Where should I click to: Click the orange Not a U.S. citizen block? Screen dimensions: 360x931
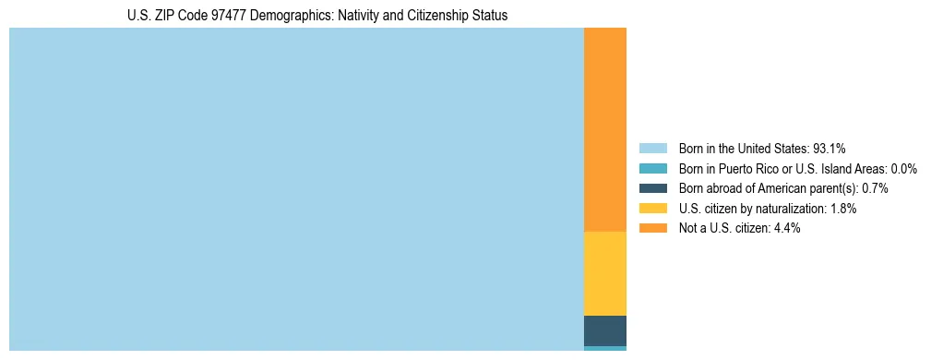605,129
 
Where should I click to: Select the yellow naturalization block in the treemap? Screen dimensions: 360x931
605,273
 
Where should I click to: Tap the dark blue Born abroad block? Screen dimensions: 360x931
605,330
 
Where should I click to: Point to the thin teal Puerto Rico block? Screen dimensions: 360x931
605,349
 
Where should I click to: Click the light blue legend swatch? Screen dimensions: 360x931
652,148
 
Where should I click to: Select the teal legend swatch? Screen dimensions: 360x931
652,168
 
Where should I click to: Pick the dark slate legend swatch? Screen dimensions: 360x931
652,188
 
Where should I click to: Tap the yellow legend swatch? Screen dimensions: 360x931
652,209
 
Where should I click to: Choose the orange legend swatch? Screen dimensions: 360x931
652,229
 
